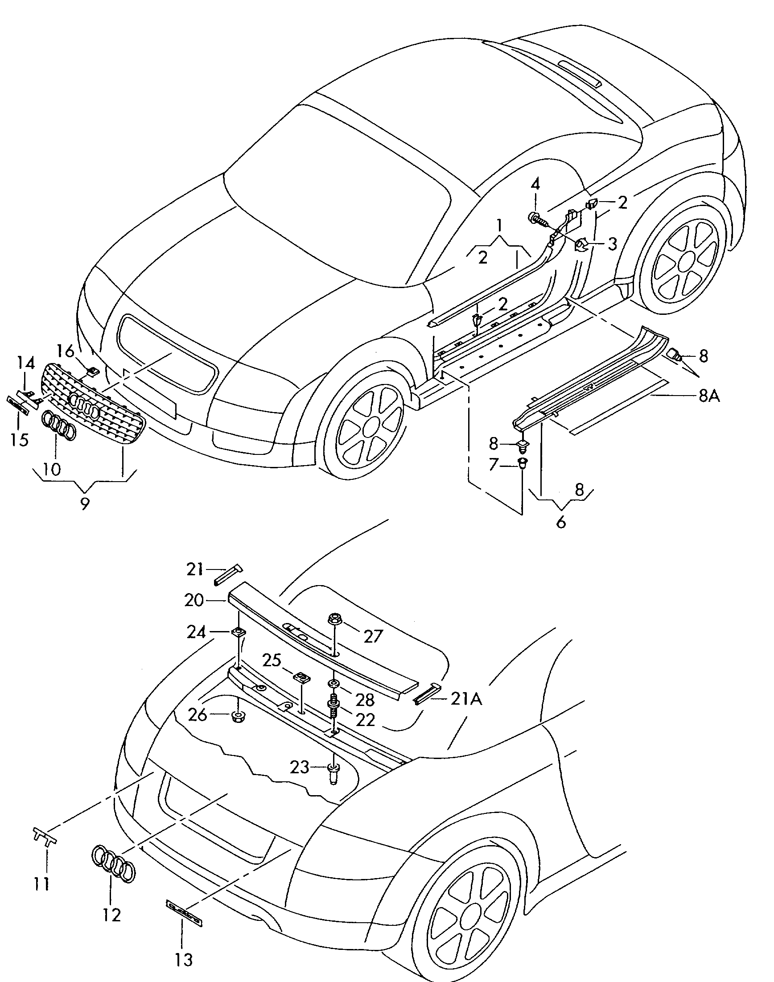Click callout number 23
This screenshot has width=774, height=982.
point(300,767)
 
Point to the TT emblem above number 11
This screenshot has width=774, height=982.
point(45,834)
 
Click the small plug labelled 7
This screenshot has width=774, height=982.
point(522,464)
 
